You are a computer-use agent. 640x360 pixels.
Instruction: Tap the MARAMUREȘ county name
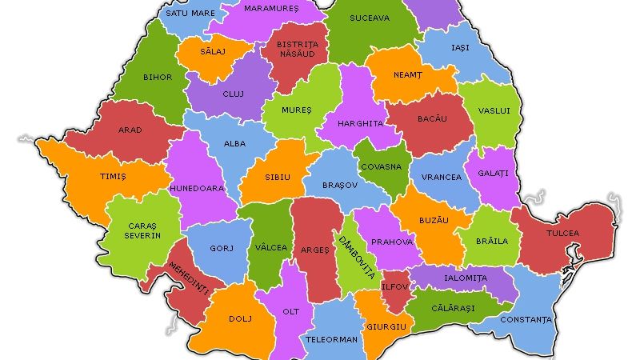271,9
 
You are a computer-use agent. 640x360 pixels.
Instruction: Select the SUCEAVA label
370,17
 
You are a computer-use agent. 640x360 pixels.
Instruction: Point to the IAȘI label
460,48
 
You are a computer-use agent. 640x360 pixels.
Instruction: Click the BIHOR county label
157,78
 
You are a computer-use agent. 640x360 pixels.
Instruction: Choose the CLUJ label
233,94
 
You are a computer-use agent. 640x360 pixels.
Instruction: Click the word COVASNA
381,167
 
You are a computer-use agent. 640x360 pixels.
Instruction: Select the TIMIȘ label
91,177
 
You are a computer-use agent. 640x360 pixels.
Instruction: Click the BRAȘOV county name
340,185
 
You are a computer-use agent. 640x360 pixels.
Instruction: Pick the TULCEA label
562,234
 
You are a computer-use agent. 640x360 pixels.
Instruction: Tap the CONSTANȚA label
526,320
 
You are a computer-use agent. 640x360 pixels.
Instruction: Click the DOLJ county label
240,318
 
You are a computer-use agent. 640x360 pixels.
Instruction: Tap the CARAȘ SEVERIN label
142,230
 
